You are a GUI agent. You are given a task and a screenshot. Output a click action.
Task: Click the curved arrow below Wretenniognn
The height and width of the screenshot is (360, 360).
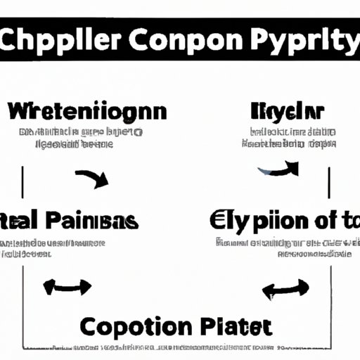pos(91,178)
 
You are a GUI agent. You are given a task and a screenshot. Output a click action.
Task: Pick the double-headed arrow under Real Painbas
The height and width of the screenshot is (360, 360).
pos(67,286)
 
